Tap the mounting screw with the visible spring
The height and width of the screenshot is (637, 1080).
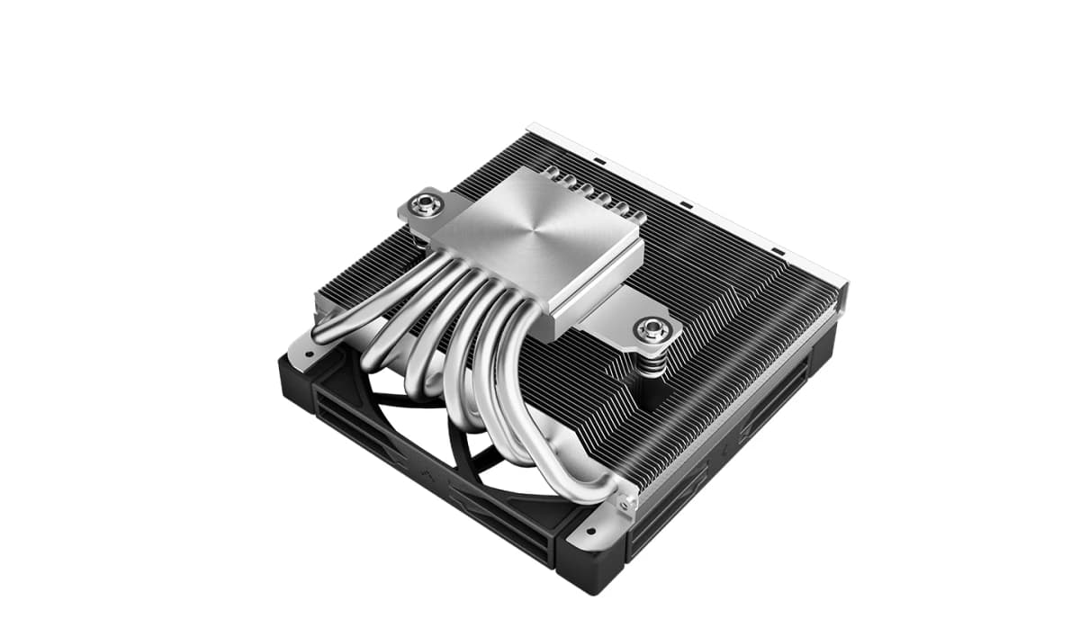click(652, 329)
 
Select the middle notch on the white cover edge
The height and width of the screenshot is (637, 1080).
click(686, 204)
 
